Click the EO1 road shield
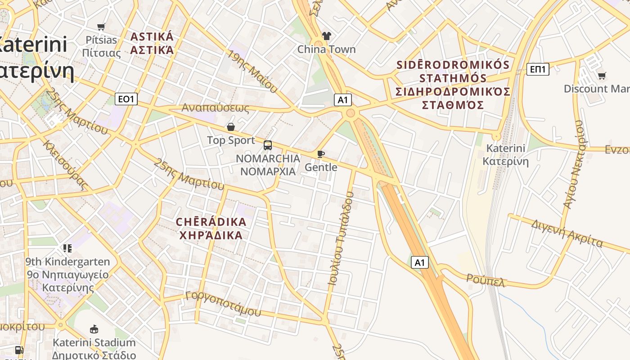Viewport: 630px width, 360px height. (x=126, y=99)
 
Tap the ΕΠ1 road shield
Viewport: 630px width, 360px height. (x=538, y=69)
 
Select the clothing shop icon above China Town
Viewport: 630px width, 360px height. (x=327, y=36)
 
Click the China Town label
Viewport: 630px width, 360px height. (x=326, y=49)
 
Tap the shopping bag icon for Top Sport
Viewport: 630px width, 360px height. (x=231, y=127)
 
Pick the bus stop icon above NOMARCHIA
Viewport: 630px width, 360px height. (x=268, y=145)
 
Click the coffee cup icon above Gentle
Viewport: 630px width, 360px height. (x=321, y=154)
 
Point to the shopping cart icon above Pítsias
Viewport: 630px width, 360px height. (x=101, y=27)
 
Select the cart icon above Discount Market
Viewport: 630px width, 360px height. (x=602, y=76)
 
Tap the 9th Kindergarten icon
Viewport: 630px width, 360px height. (x=67, y=248)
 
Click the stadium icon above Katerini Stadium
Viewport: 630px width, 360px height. (x=94, y=329)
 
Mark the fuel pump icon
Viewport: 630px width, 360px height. (x=19, y=350)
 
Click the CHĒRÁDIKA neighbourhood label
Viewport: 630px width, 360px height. (x=211, y=229)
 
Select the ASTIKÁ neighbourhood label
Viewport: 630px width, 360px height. (x=152, y=43)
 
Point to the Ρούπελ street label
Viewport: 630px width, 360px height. (x=486, y=280)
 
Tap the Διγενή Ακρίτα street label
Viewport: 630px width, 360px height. (x=567, y=233)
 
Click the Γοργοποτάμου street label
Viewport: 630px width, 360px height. (x=223, y=303)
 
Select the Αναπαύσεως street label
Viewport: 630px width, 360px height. (x=215, y=108)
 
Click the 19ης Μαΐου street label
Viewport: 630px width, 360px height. (x=252, y=71)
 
